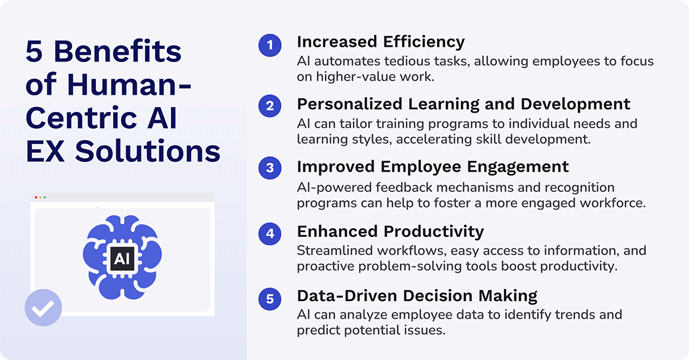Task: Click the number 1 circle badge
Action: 269,46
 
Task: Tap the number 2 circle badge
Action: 269,106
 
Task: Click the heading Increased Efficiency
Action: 380,42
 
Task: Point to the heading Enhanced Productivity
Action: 390,231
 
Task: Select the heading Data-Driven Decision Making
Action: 417,295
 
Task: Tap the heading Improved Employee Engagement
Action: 432,167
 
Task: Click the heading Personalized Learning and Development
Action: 463,103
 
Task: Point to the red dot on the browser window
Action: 36,198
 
